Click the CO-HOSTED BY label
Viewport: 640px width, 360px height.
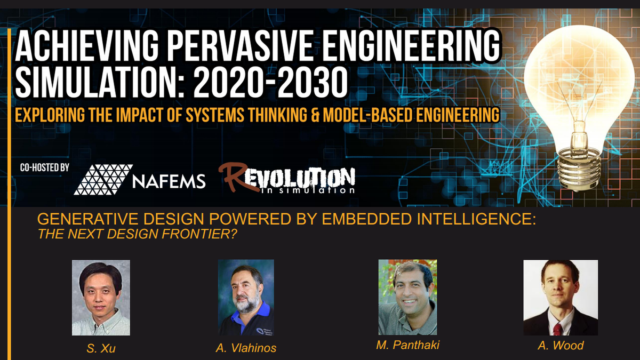point(45,167)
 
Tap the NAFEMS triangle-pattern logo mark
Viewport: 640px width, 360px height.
point(103,179)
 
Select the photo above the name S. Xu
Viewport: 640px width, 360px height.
point(101,297)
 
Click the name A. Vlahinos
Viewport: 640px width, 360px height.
point(246,348)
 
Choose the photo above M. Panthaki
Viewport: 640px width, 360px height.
point(407,297)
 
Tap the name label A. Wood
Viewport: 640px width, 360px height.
point(561,345)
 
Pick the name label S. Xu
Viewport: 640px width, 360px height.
point(101,349)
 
